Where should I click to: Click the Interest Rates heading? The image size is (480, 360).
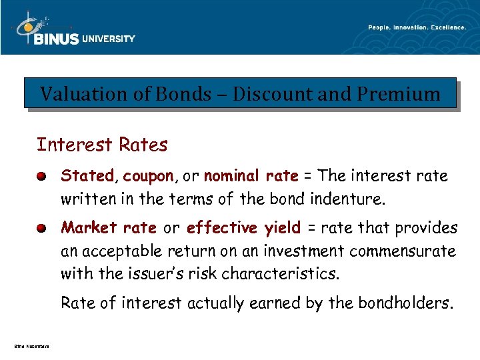(102, 145)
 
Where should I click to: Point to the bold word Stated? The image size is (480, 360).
(87, 176)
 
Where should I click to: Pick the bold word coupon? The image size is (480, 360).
(148, 176)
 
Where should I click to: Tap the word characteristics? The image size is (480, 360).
(284, 274)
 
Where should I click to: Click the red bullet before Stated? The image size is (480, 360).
(41, 177)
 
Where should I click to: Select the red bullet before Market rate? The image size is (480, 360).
(41, 229)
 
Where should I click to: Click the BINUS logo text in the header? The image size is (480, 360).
(56, 39)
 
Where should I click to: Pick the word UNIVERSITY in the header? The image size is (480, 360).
(108, 39)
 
